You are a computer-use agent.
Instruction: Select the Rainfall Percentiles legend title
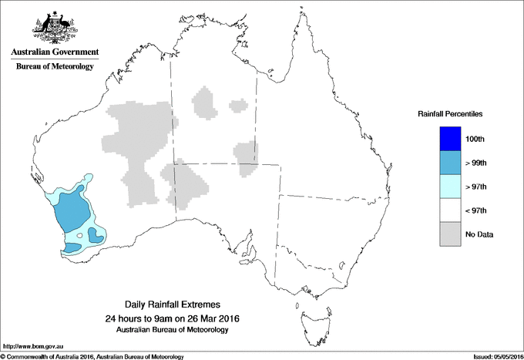450,113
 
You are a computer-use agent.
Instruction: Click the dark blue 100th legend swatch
450,139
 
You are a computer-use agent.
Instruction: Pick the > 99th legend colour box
450,163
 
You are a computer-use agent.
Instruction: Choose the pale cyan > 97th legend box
450,187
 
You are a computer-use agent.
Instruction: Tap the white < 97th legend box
450,210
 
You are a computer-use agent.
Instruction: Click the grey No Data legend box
450,234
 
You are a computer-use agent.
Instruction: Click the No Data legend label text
480,234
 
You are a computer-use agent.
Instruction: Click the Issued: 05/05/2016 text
493,356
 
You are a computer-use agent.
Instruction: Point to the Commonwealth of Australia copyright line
92,356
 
